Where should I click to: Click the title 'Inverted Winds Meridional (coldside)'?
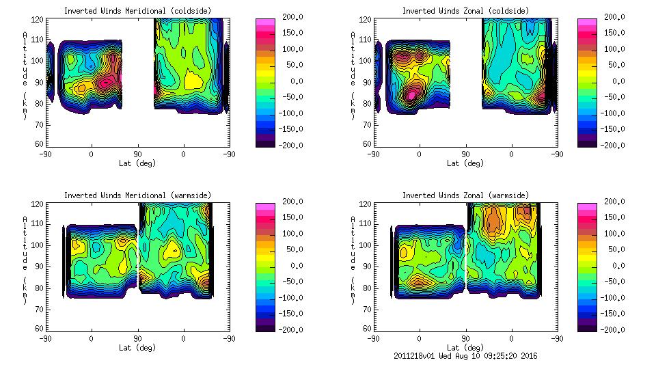click(x=137, y=11)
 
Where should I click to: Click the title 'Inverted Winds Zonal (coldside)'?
click(x=465, y=11)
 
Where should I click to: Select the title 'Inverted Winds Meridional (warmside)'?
click(x=137, y=195)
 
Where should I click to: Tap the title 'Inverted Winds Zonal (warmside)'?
click(x=465, y=195)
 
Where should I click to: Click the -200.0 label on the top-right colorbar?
click(x=615, y=145)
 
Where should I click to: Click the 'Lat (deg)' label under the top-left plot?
click(x=137, y=163)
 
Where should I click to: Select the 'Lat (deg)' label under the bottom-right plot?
click(x=465, y=347)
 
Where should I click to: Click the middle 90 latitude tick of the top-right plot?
click(x=465, y=154)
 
